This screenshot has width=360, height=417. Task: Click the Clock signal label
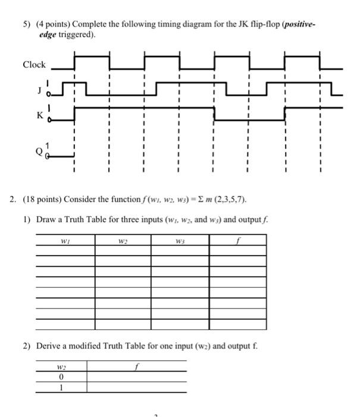tap(34, 64)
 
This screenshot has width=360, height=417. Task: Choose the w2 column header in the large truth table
tap(123, 242)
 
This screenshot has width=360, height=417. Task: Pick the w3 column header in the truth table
tap(180, 242)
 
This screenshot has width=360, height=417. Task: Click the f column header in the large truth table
tap(238, 242)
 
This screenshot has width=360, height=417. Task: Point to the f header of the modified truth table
tap(137, 367)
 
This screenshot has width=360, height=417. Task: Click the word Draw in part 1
tap(46, 219)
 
